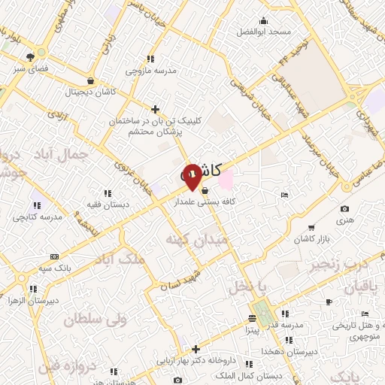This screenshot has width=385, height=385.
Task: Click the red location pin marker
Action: (x=192, y=176)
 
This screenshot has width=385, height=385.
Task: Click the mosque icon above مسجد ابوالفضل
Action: (x=263, y=20)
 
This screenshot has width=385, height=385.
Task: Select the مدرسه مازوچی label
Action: (x=150, y=71)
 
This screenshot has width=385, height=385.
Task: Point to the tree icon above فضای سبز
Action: (x=31, y=57)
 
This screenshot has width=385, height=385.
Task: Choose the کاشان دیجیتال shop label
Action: (x=90, y=91)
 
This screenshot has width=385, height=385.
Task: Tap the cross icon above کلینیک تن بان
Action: (x=155, y=109)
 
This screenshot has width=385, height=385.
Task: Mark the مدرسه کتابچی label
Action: (x=35, y=217)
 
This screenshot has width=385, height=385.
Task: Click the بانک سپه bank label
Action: (x=55, y=267)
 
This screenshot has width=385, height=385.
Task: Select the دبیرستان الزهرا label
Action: (x=32, y=300)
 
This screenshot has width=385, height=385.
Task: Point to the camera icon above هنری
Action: (x=344, y=208)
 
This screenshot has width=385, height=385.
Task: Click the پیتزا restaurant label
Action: (x=251, y=329)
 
